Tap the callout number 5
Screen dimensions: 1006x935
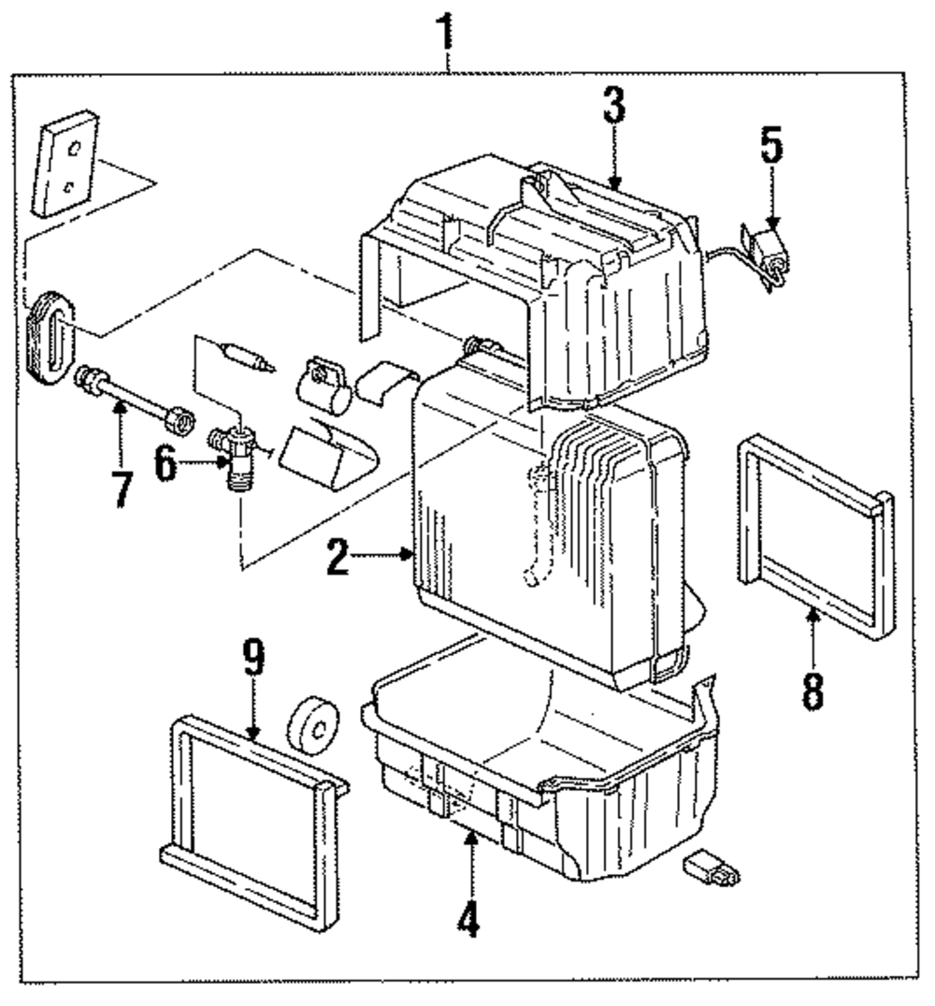coord(771,146)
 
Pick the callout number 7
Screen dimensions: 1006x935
coord(121,488)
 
